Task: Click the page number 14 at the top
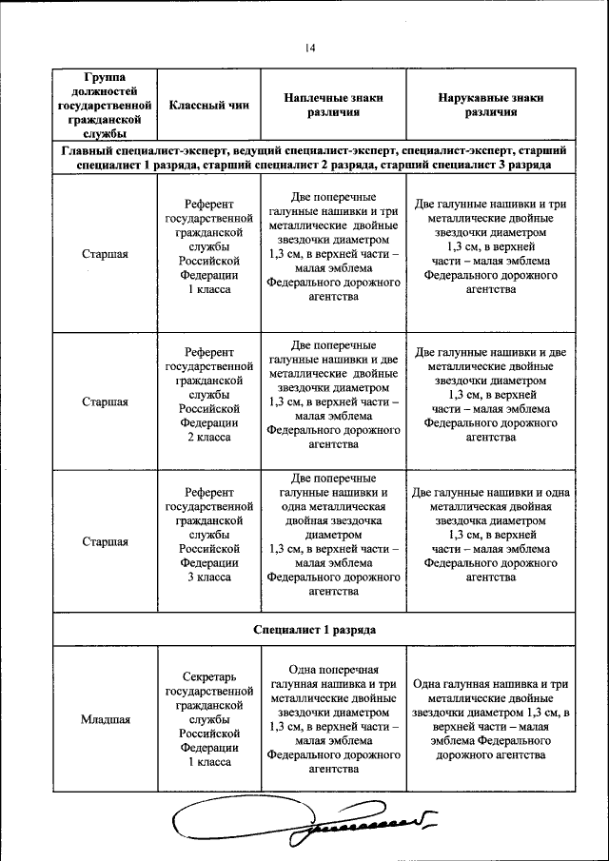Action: click(310, 49)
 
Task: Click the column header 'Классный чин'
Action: click(208, 105)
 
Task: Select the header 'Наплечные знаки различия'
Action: click(333, 105)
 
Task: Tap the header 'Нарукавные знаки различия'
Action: click(491, 105)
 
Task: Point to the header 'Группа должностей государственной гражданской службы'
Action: click(105, 105)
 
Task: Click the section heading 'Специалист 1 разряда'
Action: click(315, 630)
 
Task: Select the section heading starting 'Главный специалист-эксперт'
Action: click(315, 158)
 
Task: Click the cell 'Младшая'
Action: click(105, 719)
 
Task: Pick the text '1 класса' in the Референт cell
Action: click(208, 288)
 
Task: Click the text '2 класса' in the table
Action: click(208, 437)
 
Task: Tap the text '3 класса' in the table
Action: click(208, 577)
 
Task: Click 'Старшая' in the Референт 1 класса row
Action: click(105, 254)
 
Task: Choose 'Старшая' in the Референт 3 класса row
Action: click(105, 542)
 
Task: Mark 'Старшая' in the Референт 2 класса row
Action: click(105, 401)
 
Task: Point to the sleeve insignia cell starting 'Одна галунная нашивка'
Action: click(491, 719)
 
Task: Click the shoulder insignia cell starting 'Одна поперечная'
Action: click(333, 719)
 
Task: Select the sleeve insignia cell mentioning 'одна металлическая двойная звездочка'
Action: click(491, 535)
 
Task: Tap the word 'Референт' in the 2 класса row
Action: click(208, 351)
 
